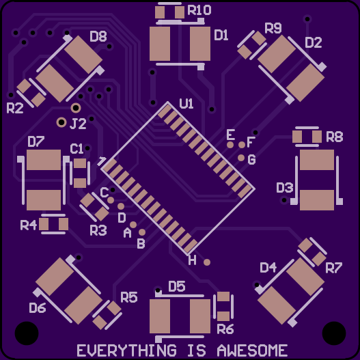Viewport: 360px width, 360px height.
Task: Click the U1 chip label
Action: click(x=186, y=104)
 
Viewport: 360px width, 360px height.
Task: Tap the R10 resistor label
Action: click(x=199, y=10)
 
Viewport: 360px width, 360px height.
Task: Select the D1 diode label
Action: click(x=221, y=36)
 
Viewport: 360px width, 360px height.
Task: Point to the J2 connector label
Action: click(x=78, y=124)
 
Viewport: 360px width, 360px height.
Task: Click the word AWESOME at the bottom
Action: click(x=252, y=350)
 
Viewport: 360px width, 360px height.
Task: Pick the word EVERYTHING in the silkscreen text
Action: click(x=126, y=350)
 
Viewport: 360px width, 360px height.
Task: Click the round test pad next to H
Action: click(x=207, y=262)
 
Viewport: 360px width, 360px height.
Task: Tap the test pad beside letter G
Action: click(x=241, y=158)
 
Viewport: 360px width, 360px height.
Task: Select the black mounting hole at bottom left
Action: click(x=27, y=333)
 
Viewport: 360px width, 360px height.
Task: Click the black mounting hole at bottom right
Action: click(x=334, y=333)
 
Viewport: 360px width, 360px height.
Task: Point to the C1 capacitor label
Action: click(x=77, y=149)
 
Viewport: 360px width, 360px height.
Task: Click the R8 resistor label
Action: click(x=335, y=137)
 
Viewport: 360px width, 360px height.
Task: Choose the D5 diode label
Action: click(x=176, y=286)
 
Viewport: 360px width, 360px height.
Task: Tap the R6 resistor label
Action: click(x=225, y=329)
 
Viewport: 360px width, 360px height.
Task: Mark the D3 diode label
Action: click(x=285, y=188)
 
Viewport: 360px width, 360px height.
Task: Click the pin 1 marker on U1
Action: click(x=102, y=161)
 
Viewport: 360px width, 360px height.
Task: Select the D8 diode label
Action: click(x=98, y=36)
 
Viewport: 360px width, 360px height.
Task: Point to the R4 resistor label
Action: click(x=29, y=225)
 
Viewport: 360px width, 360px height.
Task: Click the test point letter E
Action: click(x=230, y=135)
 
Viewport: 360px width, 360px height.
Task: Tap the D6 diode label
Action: click(x=38, y=308)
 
